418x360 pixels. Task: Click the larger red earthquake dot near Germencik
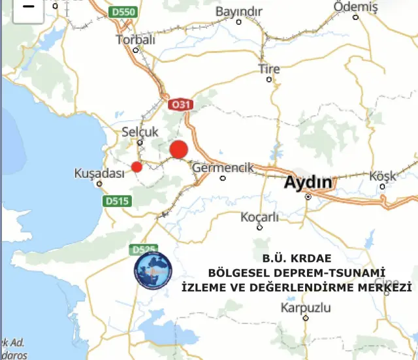coord(178,150)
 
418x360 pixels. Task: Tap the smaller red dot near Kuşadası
coord(137,167)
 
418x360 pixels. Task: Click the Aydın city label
coord(308,182)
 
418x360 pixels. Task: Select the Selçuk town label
coord(140,132)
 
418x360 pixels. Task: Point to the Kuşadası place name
coord(99,173)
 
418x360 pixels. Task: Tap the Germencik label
coord(223,168)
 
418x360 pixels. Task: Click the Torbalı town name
coord(136,39)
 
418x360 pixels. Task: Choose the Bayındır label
coord(238,12)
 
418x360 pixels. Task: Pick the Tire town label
coord(268,69)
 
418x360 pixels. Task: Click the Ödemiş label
coord(355,7)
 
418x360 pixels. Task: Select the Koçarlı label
coord(259,217)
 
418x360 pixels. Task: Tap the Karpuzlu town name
coord(306,308)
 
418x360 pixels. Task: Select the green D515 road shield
coord(117,202)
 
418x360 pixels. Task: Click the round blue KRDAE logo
coord(153,270)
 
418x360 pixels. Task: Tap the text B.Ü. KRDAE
coord(293,258)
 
